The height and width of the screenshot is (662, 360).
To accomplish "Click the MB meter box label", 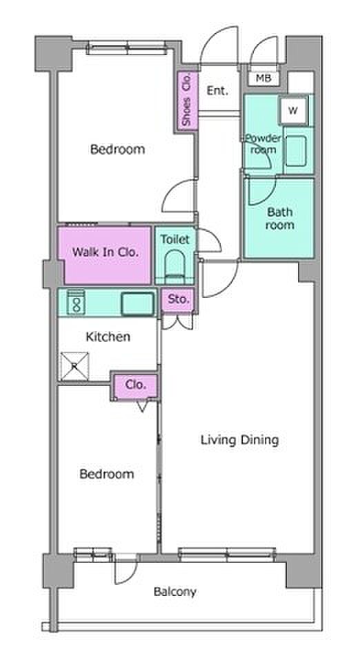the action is pos(263,78).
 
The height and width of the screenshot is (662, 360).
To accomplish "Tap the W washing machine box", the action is pos(293,110).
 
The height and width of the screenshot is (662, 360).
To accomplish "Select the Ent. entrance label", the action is pos(218,90).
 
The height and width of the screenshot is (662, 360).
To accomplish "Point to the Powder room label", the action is pos(263,144).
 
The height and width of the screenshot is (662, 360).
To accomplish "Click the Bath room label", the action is pos(279,219).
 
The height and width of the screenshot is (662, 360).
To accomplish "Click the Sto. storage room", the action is pos(179,300).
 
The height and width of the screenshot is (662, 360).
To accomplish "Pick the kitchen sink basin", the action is pos(137,303).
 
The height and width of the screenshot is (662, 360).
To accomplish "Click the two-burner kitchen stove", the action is pos(77,301).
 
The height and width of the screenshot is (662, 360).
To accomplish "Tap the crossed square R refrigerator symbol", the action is pos(74,366).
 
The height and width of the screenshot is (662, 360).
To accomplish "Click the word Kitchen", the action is pos(108,337).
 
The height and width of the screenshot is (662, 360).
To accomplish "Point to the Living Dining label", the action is pos(239,441).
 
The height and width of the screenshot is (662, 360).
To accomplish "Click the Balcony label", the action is pos(174,592).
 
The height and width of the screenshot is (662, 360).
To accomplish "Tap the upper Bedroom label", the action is pos(118,149).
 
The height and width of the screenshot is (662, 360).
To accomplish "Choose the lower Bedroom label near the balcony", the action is pos(107,474).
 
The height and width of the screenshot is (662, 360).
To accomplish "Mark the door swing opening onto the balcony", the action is pos(126,570).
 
